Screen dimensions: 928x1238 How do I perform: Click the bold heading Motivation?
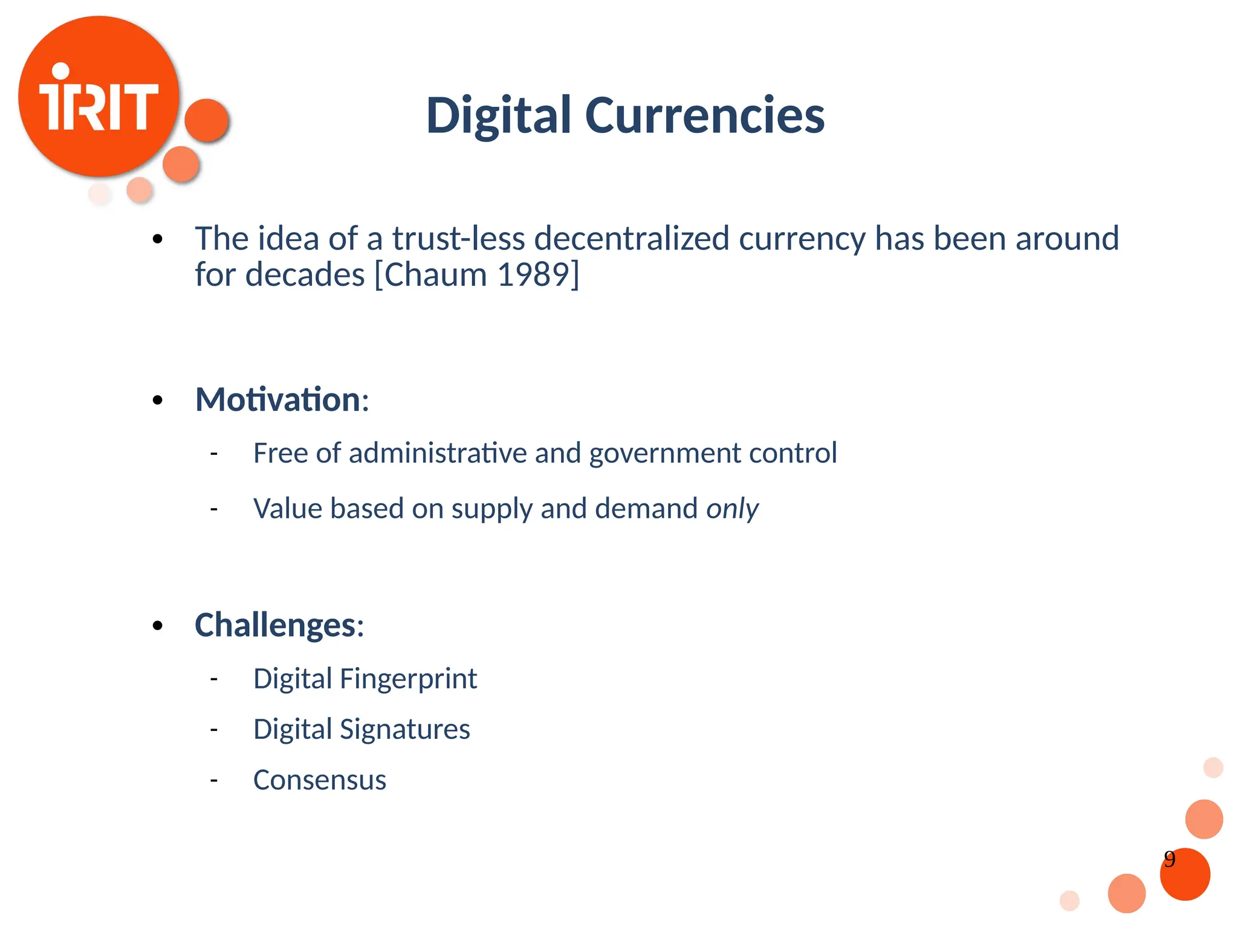[278, 399]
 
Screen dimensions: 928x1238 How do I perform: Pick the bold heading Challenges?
[275, 625]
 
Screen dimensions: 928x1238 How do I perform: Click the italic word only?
[732, 509]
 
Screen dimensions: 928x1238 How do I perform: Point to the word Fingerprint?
[408, 678]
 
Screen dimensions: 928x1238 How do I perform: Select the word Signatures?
[404, 729]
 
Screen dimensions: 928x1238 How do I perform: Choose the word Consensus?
[320, 780]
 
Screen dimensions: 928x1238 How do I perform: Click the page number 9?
[1170, 859]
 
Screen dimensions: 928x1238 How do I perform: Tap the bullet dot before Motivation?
[158, 400]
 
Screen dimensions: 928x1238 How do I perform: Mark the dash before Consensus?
[213, 780]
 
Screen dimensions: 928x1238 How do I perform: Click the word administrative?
[438, 453]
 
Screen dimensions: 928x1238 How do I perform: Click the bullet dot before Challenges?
[158, 626]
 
